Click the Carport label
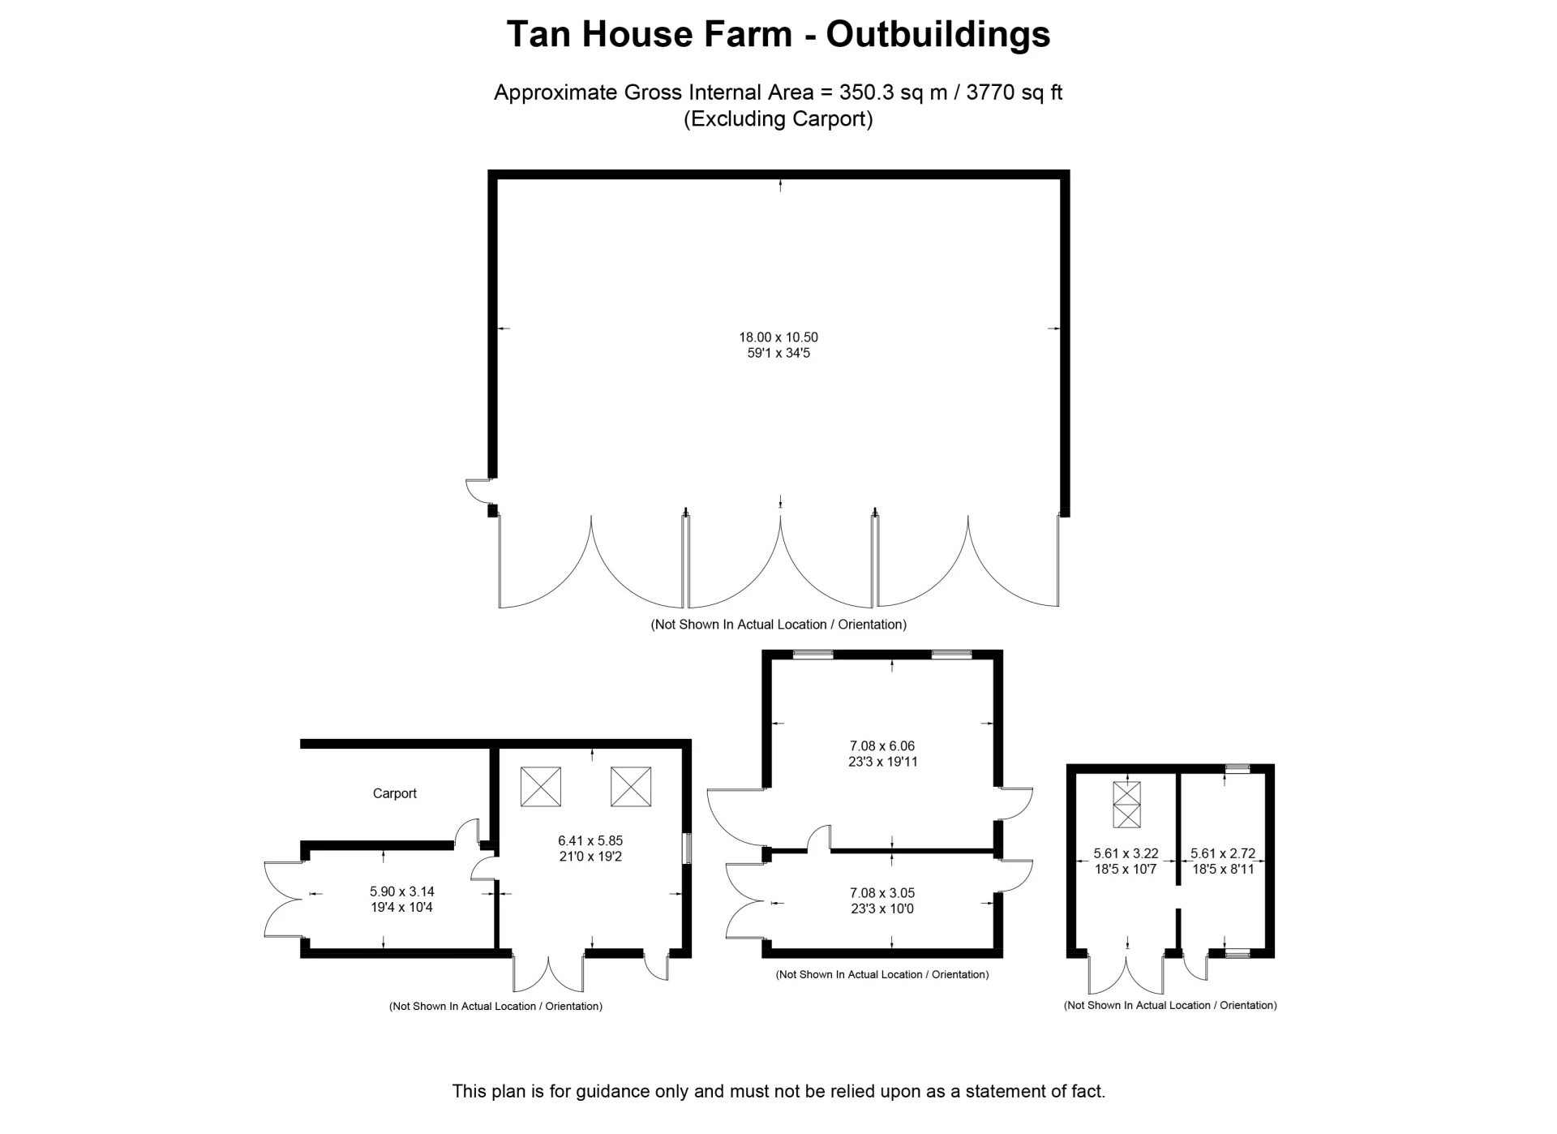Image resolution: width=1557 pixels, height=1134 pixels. [394, 793]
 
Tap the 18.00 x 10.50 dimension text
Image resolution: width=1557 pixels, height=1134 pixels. [778, 337]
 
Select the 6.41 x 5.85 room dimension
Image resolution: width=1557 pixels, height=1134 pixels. [590, 841]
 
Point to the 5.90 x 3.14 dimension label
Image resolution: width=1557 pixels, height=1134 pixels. [401, 891]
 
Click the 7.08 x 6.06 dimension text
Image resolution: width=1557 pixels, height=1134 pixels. [881, 745]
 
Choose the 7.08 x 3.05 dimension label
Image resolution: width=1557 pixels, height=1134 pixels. [881, 893]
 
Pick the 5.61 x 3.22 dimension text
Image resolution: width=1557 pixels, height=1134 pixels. [1125, 853]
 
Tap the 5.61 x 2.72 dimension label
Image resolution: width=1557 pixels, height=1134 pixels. [1222, 853]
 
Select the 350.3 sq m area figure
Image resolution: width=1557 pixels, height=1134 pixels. [893, 92]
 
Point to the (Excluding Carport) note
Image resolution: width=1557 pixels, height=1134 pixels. [778, 119]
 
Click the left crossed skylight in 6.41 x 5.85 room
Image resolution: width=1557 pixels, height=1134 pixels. [540, 786]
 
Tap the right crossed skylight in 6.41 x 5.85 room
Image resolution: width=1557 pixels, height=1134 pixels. [630, 786]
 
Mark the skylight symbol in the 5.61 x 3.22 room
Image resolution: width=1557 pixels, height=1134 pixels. [1126, 804]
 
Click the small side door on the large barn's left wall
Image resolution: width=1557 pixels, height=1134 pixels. [478, 489]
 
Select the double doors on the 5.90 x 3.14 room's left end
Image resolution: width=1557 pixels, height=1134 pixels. [283, 899]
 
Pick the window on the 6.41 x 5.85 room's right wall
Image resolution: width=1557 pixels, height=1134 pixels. [687, 848]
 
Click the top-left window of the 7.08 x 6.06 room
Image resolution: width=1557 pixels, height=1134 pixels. [813, 655]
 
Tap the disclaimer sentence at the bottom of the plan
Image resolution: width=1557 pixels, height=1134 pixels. [778, 1091]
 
